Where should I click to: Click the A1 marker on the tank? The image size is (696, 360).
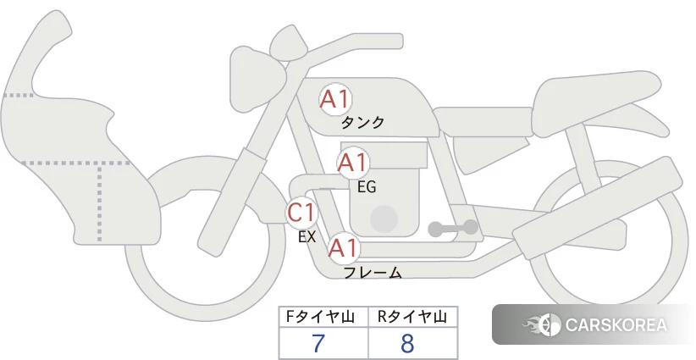335,99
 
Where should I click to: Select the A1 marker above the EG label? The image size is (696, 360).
352,163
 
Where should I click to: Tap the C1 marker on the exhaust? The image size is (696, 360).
301,212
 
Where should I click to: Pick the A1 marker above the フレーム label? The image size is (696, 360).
344,248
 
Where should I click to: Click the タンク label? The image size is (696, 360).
362,122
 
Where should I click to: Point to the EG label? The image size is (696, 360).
367,187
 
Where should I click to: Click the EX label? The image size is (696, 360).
307,237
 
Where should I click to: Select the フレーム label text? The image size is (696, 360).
373,272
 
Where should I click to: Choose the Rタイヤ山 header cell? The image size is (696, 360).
413,317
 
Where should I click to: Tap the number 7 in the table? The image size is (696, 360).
318,343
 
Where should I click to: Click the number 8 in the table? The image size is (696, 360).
407,343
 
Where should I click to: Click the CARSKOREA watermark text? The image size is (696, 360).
616,325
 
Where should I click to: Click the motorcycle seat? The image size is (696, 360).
597,103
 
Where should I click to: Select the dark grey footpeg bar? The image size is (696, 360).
453,228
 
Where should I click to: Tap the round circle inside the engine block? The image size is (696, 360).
384,219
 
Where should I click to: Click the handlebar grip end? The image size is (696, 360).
395,41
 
